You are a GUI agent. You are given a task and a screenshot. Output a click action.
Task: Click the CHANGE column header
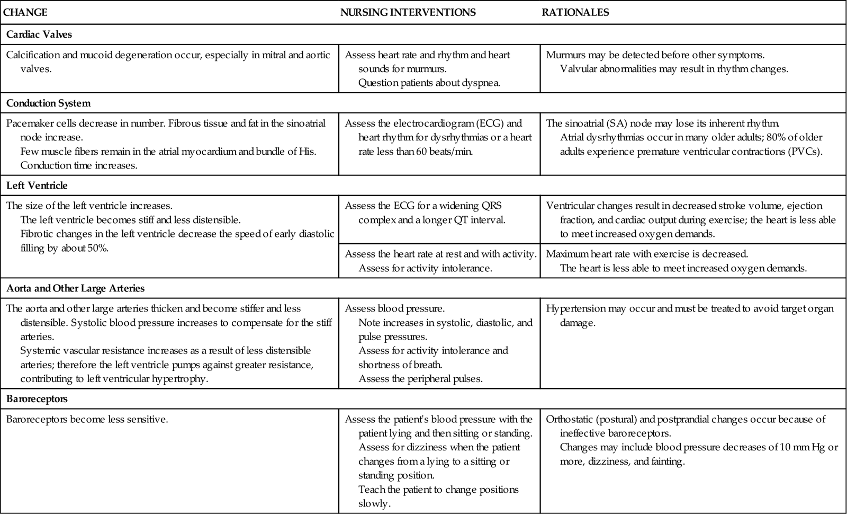coord(25,12)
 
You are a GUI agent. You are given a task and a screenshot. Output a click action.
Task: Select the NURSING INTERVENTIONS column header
coord(408,12)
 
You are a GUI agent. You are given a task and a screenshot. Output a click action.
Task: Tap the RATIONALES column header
coord(575,12)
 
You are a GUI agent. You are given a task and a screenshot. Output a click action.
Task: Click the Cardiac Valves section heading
coord(39,34)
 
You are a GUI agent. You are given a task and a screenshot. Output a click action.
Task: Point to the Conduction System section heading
coord(48,103)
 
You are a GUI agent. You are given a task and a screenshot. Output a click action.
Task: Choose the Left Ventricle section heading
coord(37,186)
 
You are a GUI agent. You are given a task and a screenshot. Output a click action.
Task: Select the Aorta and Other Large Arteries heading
coord(75,289)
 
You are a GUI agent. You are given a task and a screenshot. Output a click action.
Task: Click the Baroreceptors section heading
coord(37,398)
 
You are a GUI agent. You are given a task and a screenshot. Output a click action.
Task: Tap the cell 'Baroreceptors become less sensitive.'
coord(87,420)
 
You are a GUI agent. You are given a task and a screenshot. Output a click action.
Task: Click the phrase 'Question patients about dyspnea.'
coord(429,83)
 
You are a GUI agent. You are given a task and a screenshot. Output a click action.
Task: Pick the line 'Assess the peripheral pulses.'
coord(420,379)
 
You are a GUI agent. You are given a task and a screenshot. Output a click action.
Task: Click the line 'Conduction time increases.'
coord(79,165)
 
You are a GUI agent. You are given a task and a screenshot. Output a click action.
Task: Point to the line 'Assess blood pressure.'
coord(395,308)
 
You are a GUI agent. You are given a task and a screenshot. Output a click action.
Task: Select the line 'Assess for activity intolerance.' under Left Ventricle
coord(426,268)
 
